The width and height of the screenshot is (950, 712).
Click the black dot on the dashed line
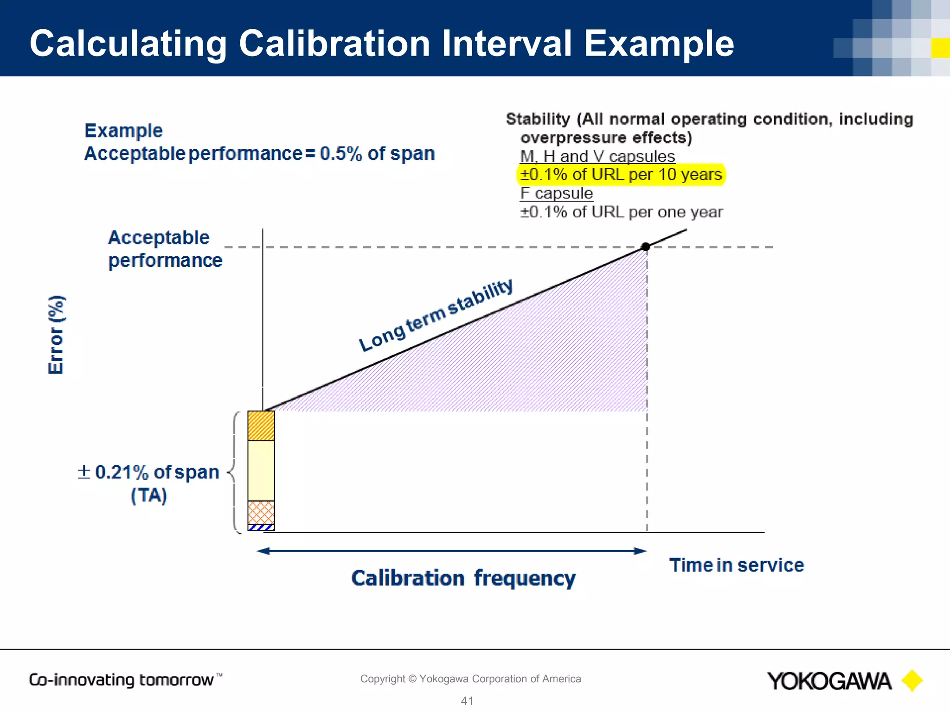(x=645, y=247)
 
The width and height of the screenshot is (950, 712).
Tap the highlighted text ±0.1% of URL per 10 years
(x=621, y=175)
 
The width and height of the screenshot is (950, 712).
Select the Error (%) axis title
(x=57, y=334)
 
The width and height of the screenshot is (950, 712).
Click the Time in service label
(x=736, y=565)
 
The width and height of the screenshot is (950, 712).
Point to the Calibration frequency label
(x=463, y=578)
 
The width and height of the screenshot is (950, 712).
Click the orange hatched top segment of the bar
(x=261, y=426)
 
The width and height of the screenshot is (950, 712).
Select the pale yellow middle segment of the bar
(x=261, y=470)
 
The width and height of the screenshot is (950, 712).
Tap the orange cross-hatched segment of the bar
(x=261, y=512)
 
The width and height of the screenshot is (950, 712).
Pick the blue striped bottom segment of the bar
(x=261, y=528)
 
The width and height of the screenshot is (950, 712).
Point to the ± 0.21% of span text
(x=148, y=472)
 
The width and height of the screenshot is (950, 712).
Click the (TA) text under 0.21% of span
(x=148, y=496)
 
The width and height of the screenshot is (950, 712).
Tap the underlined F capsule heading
(x=556, y=193)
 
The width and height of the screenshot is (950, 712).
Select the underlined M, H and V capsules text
(x=597, y=157)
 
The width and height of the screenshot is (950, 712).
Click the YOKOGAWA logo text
(x=829, y=681)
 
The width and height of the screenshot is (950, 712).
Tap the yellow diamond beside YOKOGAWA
(x=912, y=680)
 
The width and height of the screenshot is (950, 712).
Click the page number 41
(x=467, y=701)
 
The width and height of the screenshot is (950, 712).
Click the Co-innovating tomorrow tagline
(x=121, y=680)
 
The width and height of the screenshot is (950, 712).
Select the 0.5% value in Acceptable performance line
(x=340, y=154)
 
